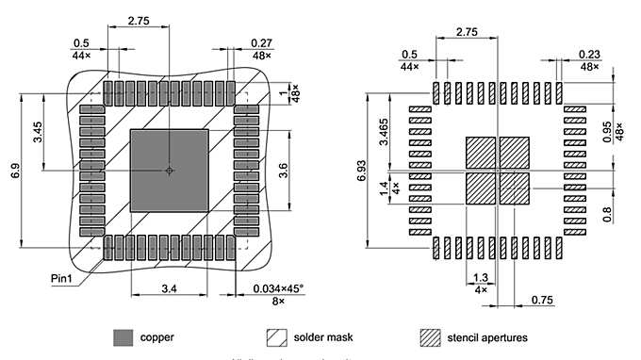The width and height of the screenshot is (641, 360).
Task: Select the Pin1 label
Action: tap(66, 278)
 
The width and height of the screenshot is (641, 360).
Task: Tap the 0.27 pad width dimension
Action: tap(262, 42)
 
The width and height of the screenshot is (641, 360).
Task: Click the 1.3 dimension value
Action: tap(481, 278)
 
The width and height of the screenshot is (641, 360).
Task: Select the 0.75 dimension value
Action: tap(541, 299)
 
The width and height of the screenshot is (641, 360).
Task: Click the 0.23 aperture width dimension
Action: tap(589, 55)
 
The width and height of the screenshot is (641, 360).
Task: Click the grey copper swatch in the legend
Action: tap(123, 336)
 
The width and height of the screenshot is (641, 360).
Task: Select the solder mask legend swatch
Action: tap(276, 336)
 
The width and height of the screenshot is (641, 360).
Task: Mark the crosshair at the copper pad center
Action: tap(169, 171)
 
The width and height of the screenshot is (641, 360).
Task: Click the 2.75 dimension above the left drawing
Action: tap(139, 20)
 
